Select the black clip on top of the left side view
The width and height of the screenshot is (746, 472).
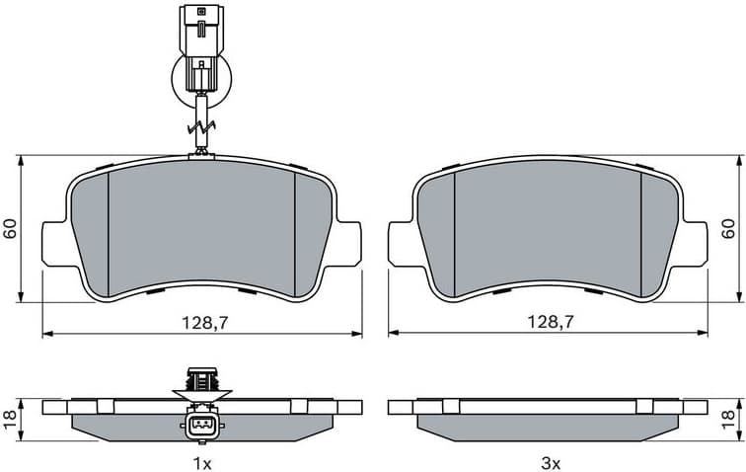click(201, 378)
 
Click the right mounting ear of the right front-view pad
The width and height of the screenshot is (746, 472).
click(694, 243)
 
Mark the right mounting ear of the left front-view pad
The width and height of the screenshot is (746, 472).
click(348, 243)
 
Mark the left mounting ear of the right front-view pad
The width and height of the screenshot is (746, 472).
click(402, 243)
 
